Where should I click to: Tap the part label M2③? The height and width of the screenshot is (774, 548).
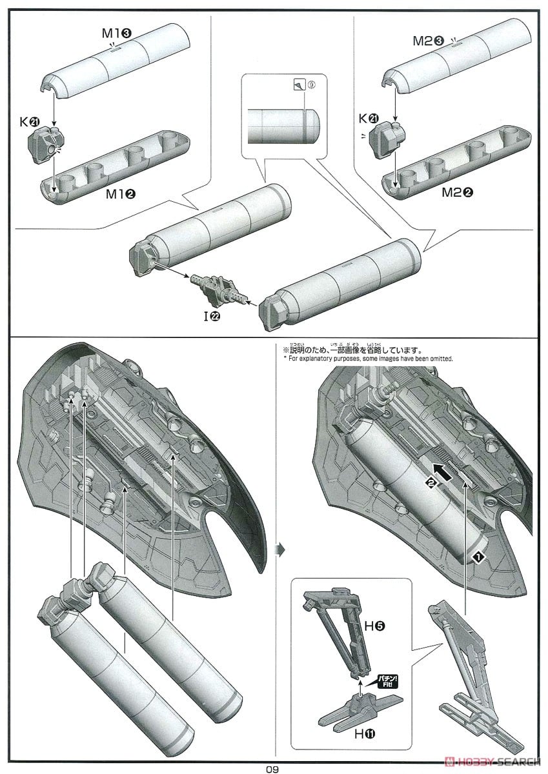coord(428,41)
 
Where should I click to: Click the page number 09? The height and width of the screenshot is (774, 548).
coord(274,768)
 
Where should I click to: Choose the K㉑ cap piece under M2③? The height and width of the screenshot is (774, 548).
coord(389,136)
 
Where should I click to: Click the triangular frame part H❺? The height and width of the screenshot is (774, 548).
coord(341,630)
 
